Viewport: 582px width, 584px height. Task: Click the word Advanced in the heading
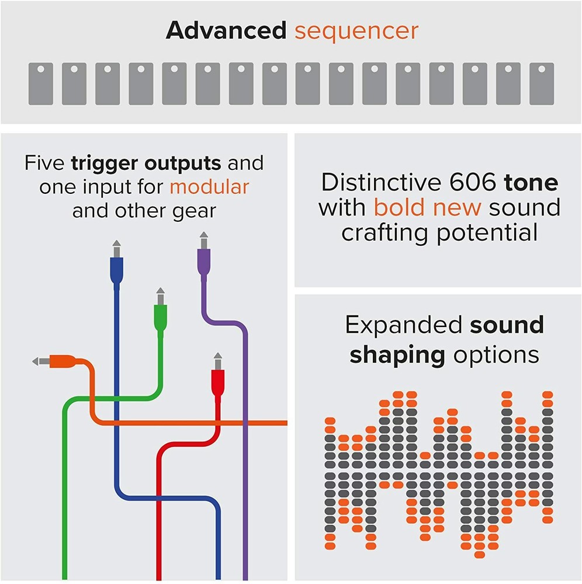[226, 31]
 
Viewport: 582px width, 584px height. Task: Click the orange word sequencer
[356, 31]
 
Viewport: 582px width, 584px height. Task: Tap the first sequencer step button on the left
[40, 84]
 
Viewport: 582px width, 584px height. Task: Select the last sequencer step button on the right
[541, 84]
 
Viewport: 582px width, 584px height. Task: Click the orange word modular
[209, 187]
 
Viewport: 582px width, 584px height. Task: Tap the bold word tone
[531, 183]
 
